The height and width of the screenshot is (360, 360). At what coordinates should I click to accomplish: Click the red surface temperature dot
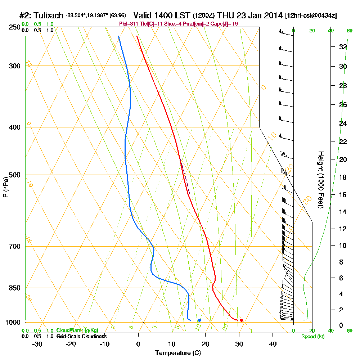click(x=241, y=320)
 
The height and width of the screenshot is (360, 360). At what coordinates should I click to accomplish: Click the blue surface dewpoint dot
click(x=199, y=320)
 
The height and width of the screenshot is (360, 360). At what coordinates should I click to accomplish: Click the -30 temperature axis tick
click(x=37, y=344)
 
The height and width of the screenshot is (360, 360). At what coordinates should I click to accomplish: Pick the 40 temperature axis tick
click(x=273, y=344)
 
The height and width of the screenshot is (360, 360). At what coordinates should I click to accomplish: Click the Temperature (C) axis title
click(x=178, y=353)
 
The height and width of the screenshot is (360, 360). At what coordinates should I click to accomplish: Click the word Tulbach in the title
click(x=50, y=15)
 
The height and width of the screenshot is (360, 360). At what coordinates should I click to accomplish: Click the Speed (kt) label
click(x=312, y=337)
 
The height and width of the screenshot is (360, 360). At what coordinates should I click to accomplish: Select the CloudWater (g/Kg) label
click(x=77, y=330)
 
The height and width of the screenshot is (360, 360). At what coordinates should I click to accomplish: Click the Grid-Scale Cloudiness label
click(x=81, y=336)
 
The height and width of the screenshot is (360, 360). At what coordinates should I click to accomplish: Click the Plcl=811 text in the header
click(x=128, y=23)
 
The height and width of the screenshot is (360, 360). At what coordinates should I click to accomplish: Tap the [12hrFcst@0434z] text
click(x=311, y=16)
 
